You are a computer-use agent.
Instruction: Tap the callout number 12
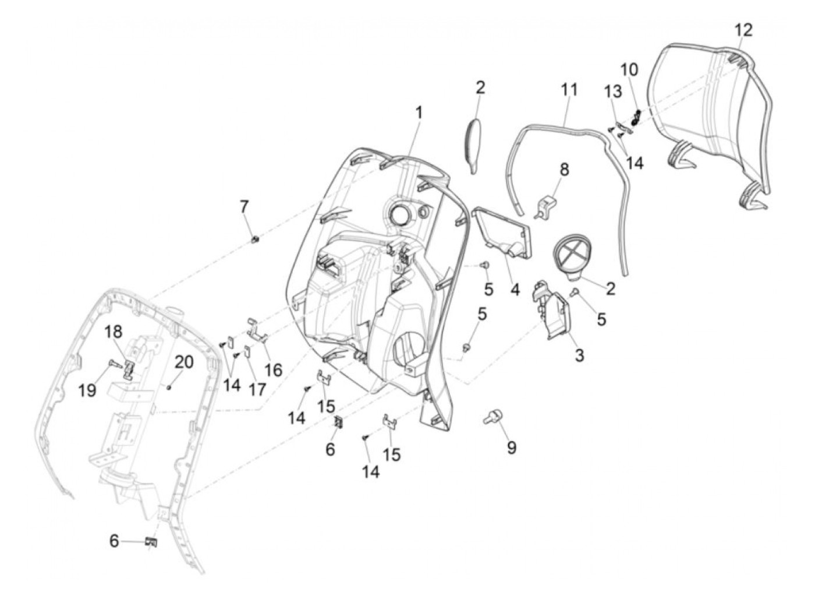[x=743, y=30]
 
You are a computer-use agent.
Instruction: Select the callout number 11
[x=569, y=90]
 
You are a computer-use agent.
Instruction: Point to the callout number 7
[x=245, y=206]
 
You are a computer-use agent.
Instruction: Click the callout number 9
[x=511, y=448]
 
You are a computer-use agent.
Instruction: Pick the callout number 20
[x=184, y=362]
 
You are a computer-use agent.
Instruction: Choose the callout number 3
[x=579, y=354]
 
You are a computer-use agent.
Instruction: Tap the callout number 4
[x=515, y=289]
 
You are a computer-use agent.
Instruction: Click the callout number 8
[x=564, y=170]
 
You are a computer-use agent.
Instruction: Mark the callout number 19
[x=87, y=390]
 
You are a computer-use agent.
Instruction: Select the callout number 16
[x=273, y=369]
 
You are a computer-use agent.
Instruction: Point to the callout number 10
[x=629, y=69]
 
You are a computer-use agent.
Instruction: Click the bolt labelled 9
[x=492, y=417]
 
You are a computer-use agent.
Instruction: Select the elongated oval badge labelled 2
[x=475, y=144]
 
